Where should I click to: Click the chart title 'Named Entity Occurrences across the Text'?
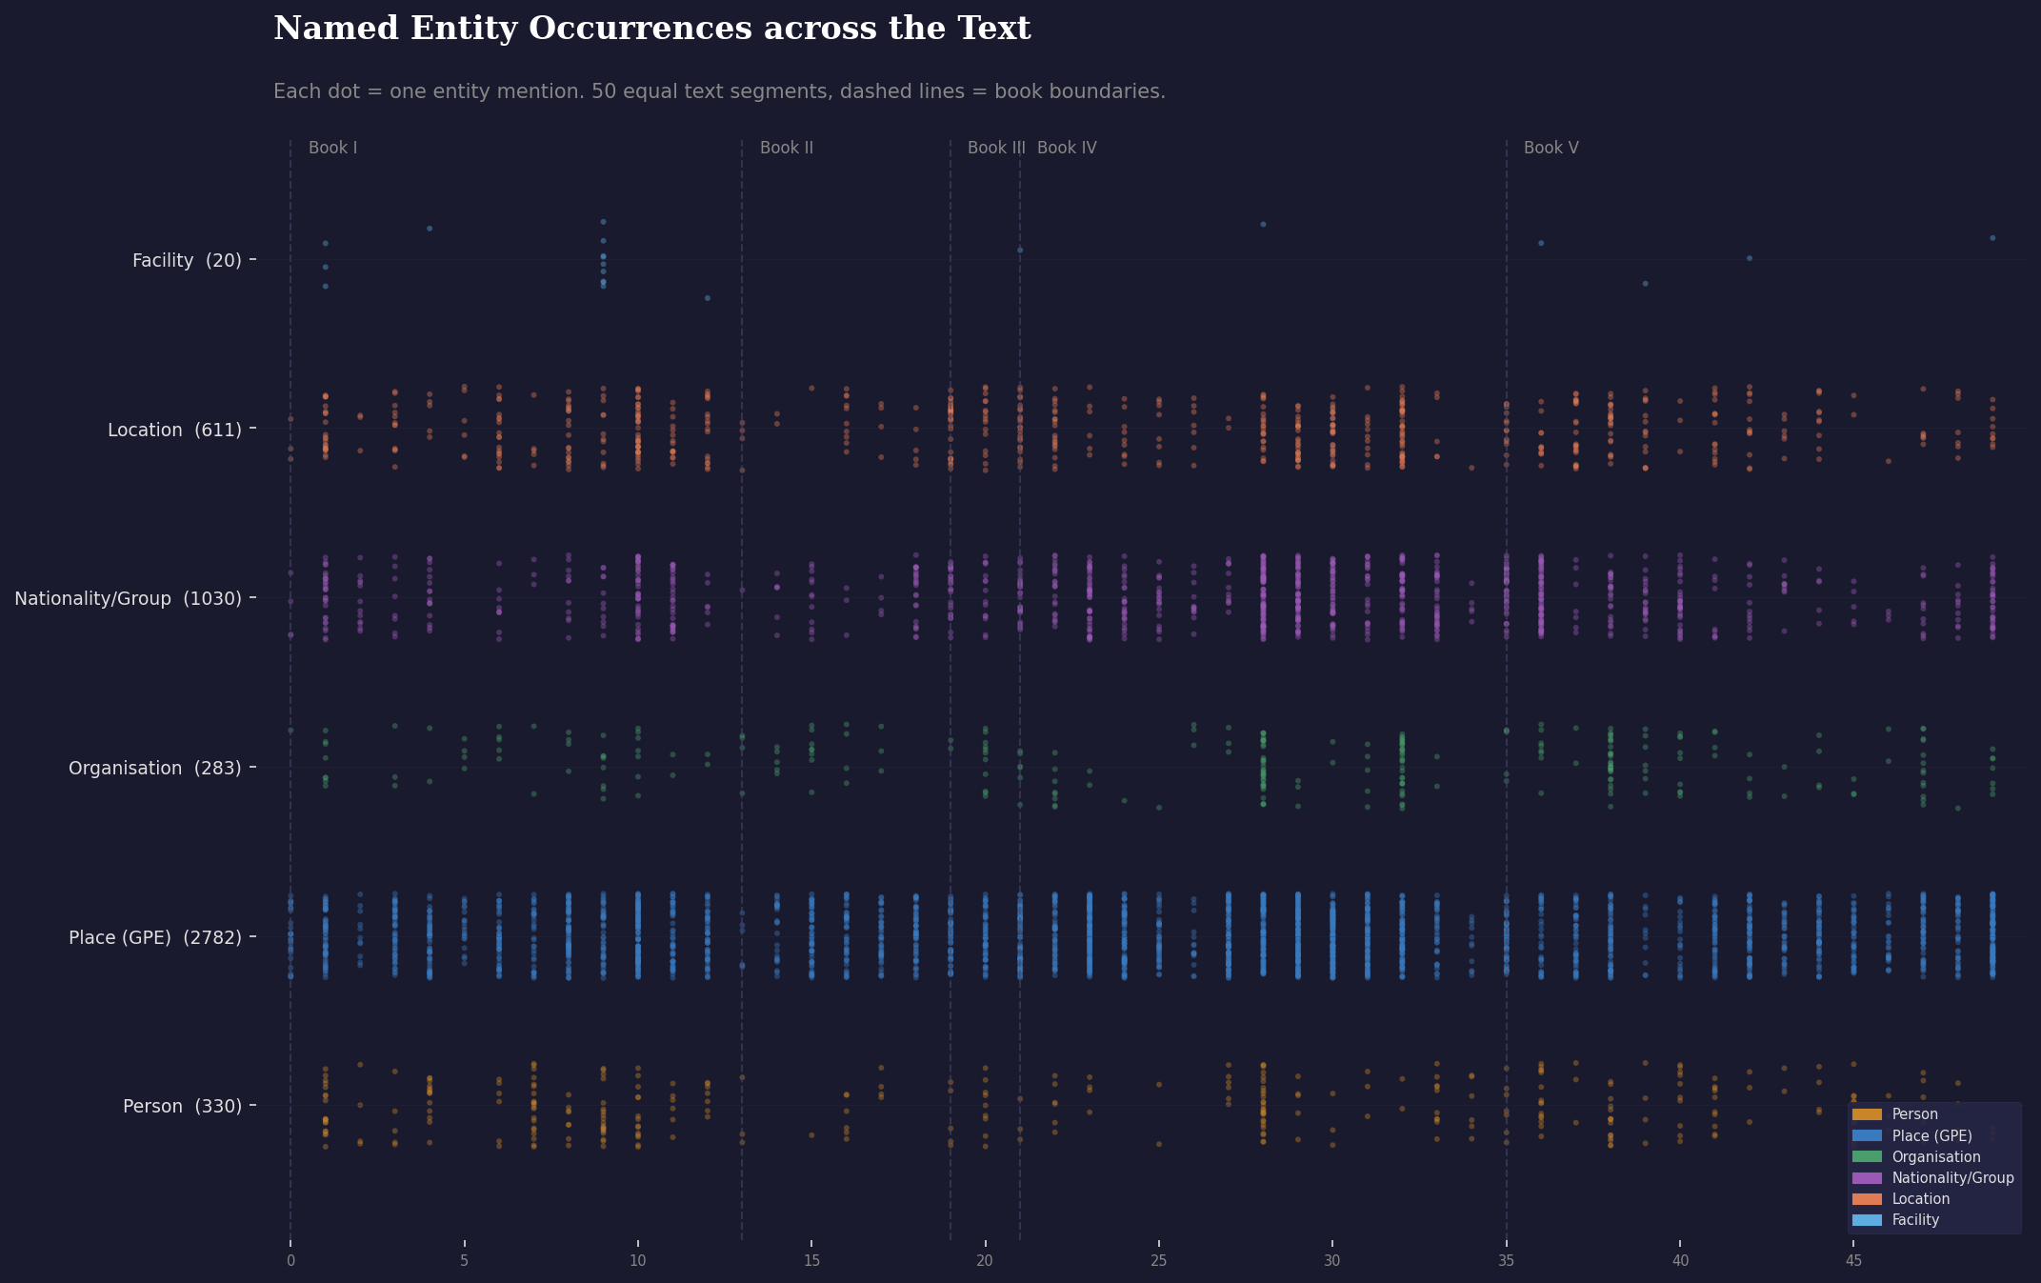[651, 29]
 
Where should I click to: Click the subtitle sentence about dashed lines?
[719, 91]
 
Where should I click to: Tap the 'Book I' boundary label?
[332, 148]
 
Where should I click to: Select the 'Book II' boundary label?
[786, 148]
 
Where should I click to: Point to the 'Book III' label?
[995, 148]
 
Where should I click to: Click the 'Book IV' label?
[1067, 148]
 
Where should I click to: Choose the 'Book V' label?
[1551, 148]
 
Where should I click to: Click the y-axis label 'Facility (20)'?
[187, 260]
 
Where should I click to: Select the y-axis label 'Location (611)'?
[174, 430]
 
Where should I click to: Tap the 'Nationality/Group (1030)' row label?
[128, 598]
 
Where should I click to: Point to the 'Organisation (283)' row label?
[154, 768]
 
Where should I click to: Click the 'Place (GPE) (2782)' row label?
[154, 937]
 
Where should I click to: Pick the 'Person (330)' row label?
[182, 1106]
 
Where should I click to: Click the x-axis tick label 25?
[1158, 1261]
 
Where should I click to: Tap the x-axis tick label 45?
[1852, 1261]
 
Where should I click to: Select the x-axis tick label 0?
[290, 1261]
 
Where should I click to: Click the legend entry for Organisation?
[1935, 1156]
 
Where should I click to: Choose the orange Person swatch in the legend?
[1867, 1114]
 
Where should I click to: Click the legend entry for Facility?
[1914, 1220]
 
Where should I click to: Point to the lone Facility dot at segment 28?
[1263, 224]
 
